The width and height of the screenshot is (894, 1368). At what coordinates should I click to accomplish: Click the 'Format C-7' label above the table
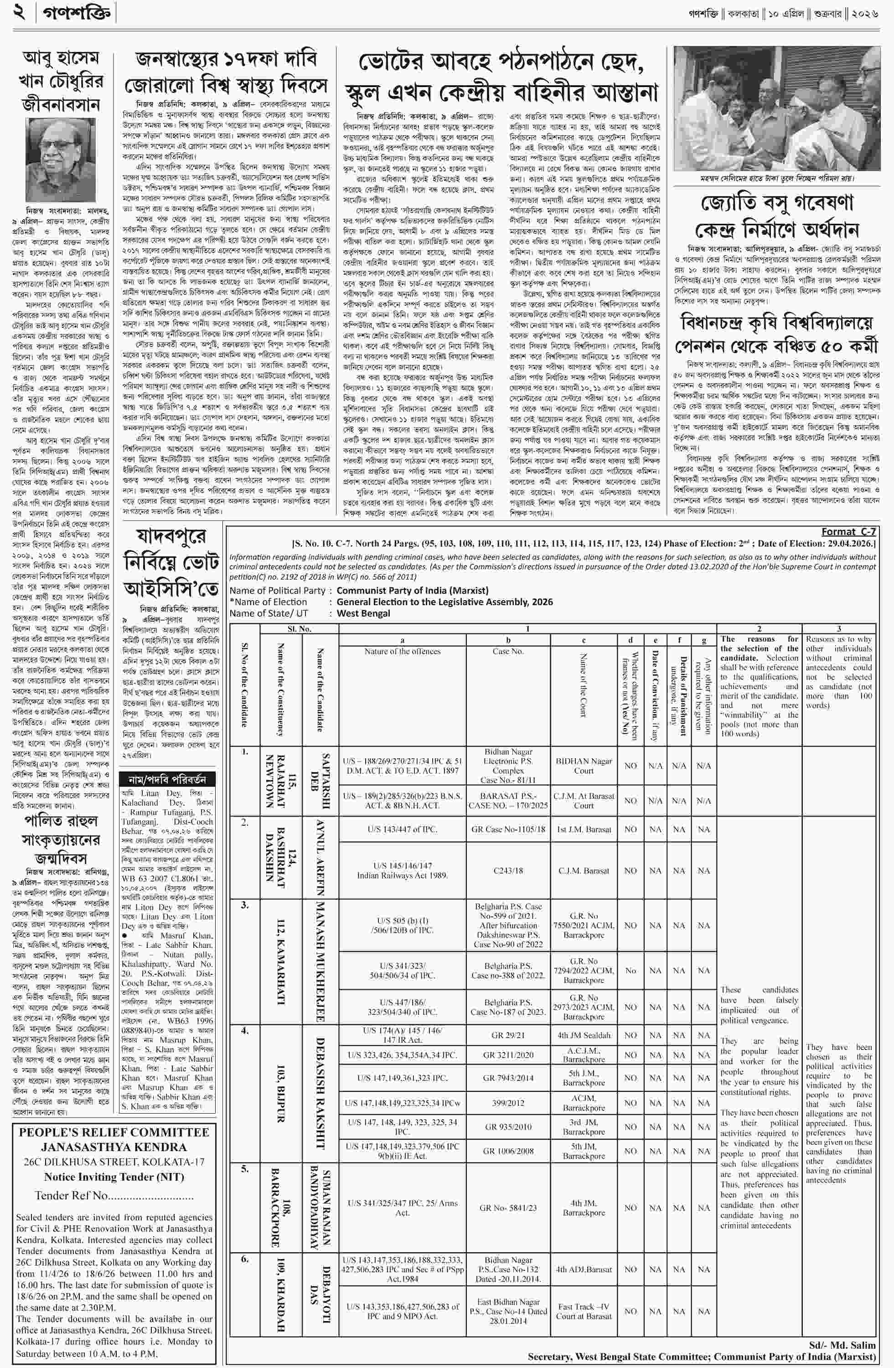pyautogui.click(x=848, y=532)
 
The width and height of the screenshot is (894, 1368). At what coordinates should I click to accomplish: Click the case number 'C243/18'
pyautogui.click(x=508, y=871)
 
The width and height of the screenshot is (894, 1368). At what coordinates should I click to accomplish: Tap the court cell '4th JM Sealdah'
pyautogui.click(x=583, y=1035)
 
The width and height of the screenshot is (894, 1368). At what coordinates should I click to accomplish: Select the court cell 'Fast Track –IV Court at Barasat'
pyautogui.click(x=583, y=1311)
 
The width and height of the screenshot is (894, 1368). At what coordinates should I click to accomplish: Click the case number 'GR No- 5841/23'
pyautogui.click(x=508, y=1208)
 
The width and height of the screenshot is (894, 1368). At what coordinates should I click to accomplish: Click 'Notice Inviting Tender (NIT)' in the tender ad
pyautogui.click(x=114, y=1177)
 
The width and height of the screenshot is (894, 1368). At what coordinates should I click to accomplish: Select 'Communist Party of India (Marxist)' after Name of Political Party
pyautogui.click(x=412, y=590)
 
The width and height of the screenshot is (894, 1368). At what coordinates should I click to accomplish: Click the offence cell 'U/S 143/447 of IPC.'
pyautogui.click(x=403, y=829)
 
